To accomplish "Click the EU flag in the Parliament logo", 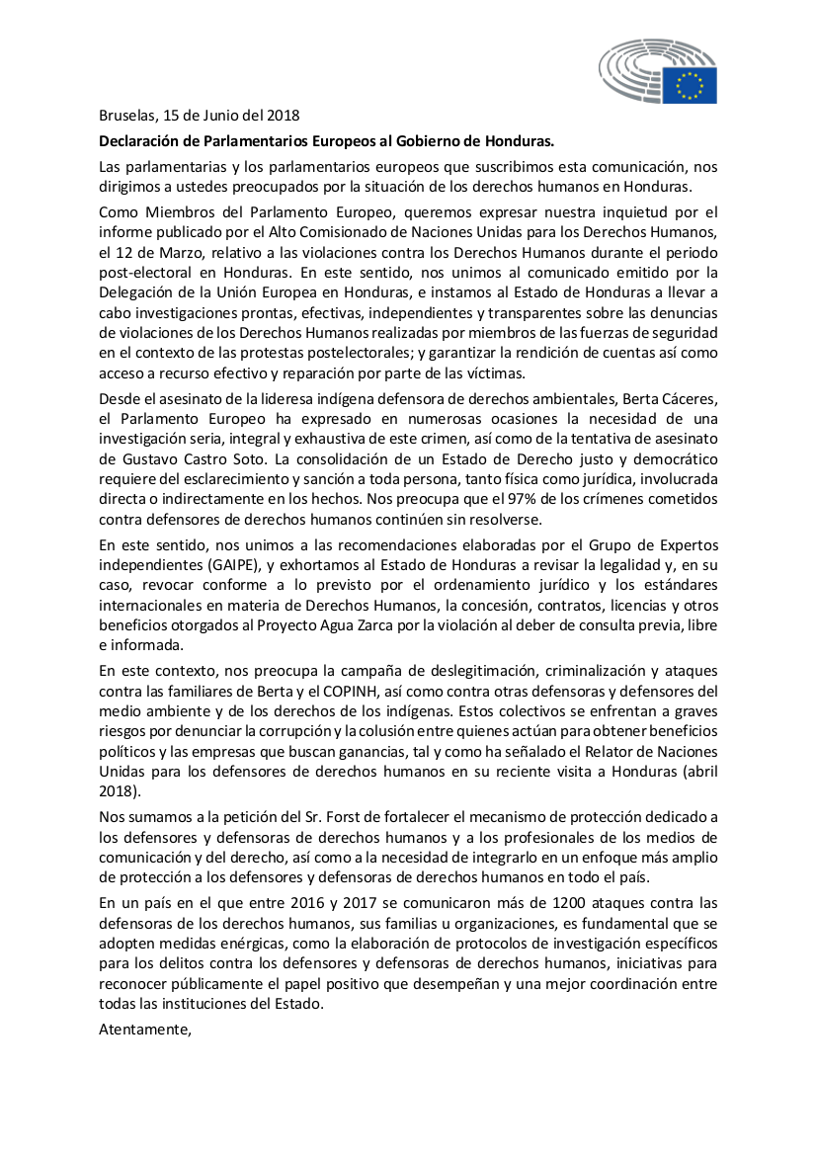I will pos(690,85).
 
